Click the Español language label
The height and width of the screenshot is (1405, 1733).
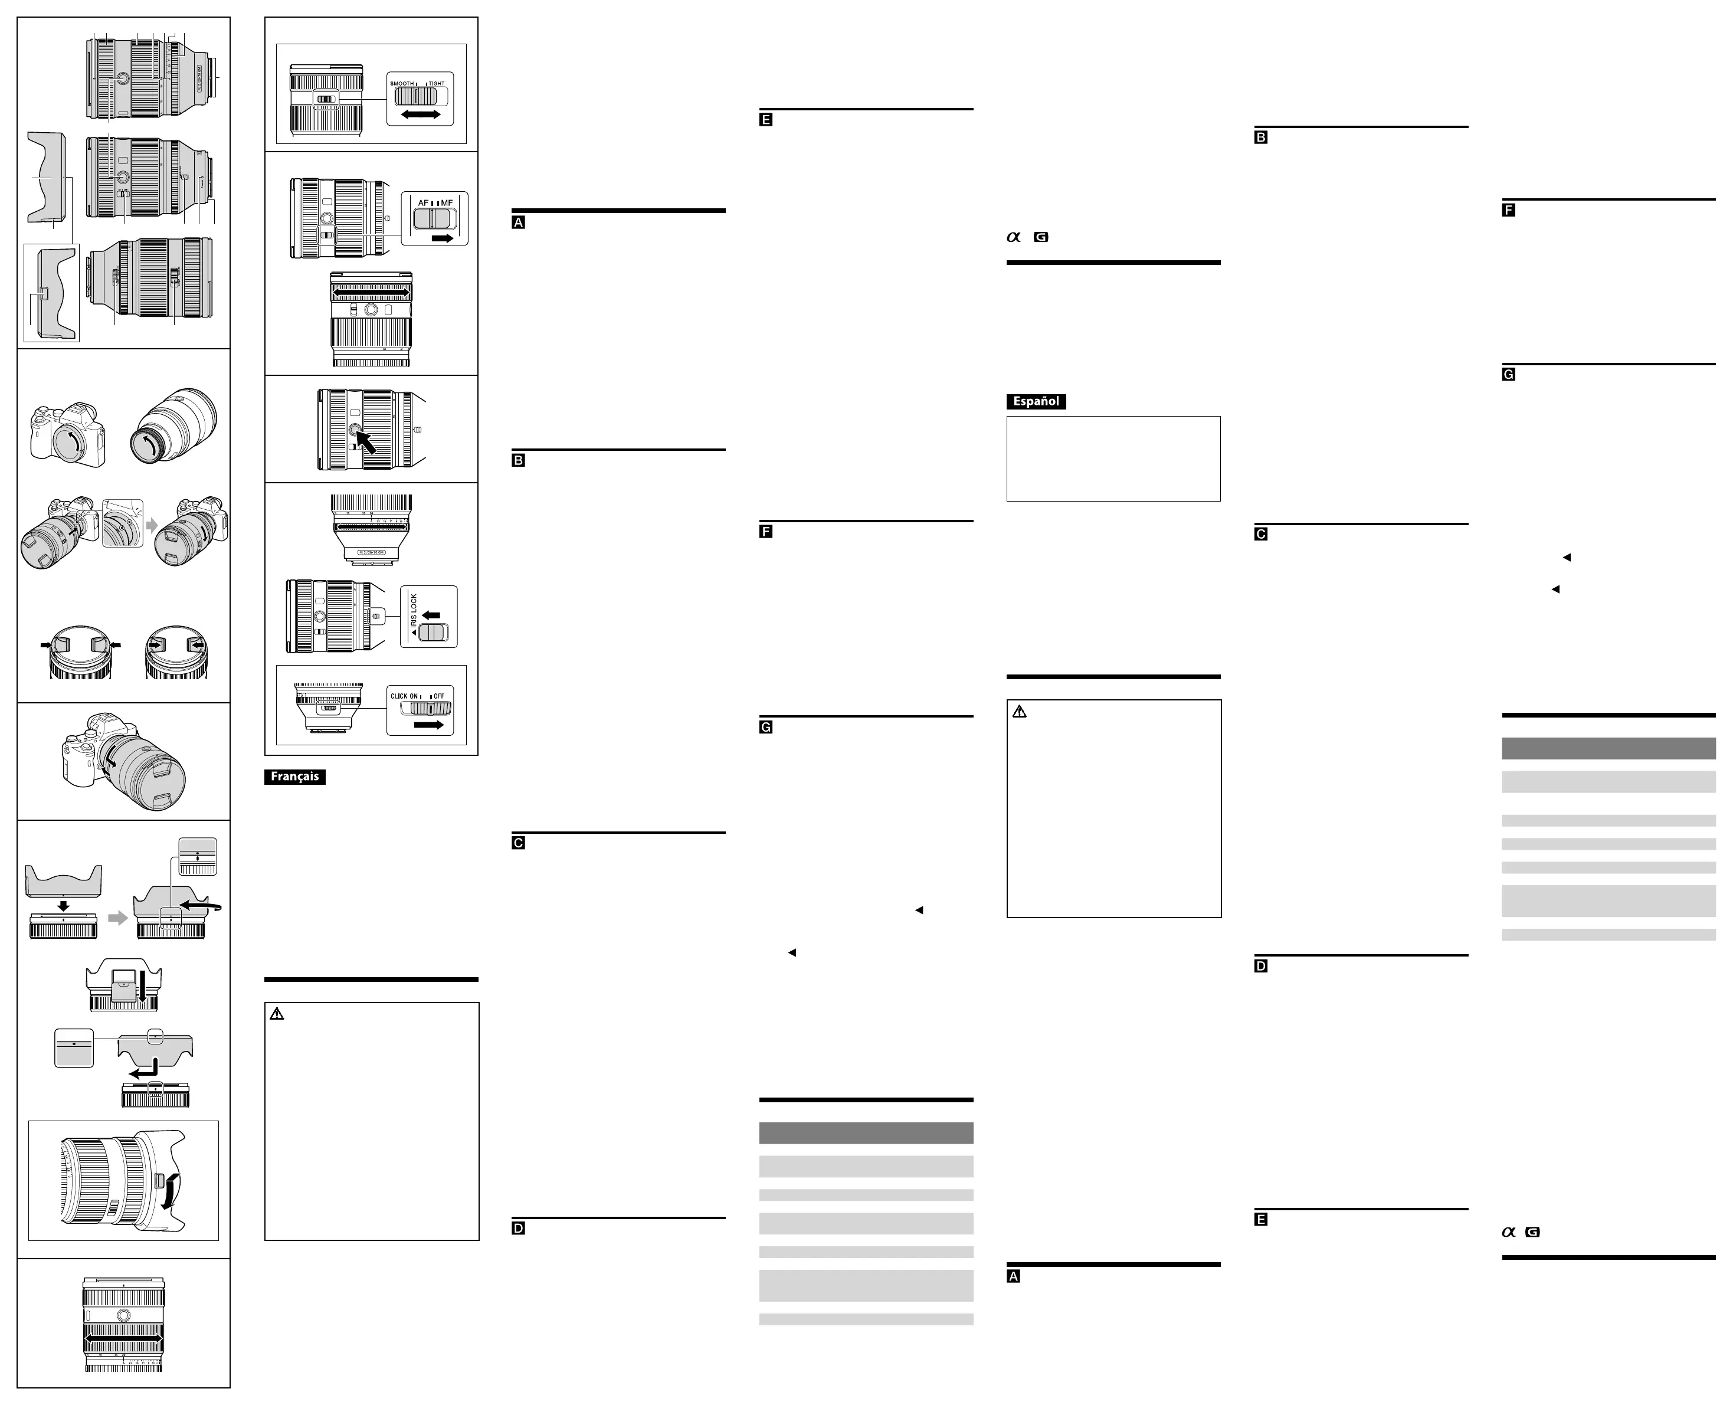tap(1036, 401)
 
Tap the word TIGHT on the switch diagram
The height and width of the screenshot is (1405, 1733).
tap(437, 83)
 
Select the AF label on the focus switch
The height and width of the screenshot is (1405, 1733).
tap(422, 203)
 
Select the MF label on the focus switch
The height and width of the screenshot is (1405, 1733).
tap(447, 203)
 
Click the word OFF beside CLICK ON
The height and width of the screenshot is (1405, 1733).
tap(439, 696)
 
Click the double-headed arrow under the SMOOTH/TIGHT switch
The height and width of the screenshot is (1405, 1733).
tap(421, 115)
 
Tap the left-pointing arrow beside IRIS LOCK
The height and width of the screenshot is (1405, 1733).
tap(431, 615)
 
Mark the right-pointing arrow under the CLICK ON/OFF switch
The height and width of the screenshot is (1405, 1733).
tap(429, 725)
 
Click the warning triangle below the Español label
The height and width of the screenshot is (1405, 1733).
tap(1019, 712)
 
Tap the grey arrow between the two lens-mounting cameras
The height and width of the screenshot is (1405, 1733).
tap(152, 525)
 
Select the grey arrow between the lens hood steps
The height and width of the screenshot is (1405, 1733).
tap(118, 918)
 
